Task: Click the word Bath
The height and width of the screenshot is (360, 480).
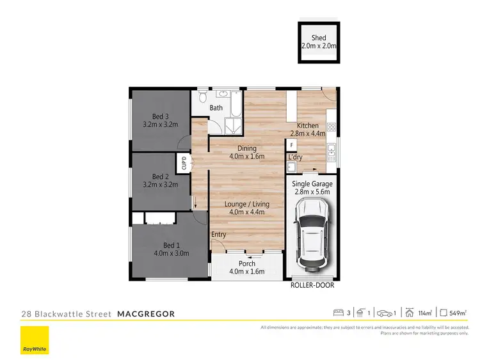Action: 216,107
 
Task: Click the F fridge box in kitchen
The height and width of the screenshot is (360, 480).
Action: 292,146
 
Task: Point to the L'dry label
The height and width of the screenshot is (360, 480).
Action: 295,157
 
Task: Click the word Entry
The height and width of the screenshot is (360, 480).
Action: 219,235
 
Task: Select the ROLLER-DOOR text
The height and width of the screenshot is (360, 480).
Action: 312,285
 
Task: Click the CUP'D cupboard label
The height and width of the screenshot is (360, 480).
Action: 182,164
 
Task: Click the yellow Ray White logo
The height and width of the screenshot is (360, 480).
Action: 34,340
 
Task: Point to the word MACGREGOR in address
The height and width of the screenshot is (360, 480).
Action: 146,314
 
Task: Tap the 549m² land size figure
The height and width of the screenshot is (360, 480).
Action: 457,313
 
